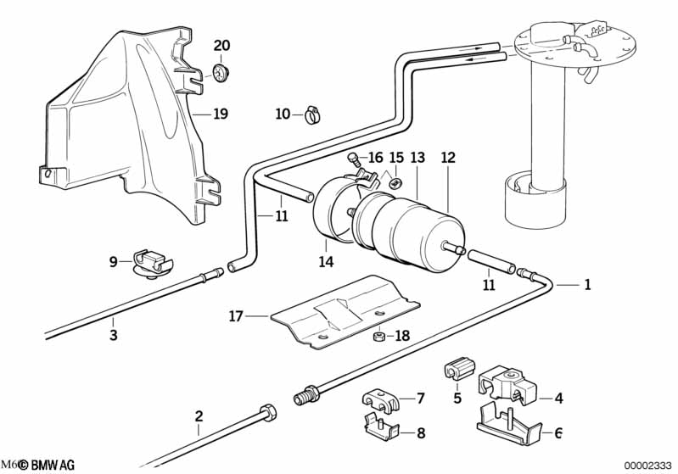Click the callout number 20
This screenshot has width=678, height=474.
point(221,45)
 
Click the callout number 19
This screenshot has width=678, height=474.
point(221,113)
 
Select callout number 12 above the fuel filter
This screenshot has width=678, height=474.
point(448,158)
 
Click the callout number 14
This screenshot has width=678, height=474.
point(327,263)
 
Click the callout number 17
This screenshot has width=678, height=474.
point(236,316)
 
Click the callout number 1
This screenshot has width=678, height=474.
point(586,286)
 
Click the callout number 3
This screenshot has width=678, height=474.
point(113,336)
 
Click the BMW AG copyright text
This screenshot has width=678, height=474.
point(47,465)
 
